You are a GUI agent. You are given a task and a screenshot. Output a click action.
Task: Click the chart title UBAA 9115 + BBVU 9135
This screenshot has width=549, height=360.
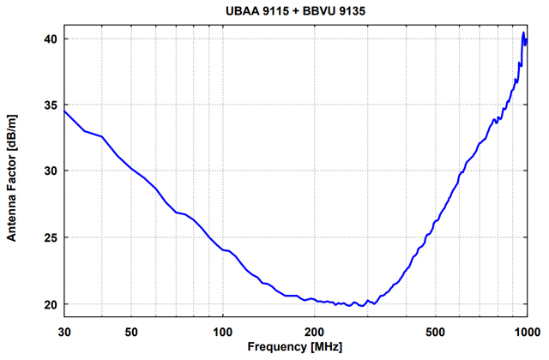(x=297, y=11)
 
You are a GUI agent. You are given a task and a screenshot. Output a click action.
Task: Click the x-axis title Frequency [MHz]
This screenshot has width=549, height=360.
(x=295, y=348)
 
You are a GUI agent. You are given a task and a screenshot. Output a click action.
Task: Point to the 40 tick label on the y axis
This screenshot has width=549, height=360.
(x=51, y=39)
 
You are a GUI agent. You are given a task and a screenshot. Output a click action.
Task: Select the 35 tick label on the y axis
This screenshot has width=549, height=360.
(x=51, y=105)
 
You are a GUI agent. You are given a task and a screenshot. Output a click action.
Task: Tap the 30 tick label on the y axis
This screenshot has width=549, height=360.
(x=51, y=171)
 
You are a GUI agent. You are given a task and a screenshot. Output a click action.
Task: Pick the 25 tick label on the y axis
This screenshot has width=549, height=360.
(x=51, y=237)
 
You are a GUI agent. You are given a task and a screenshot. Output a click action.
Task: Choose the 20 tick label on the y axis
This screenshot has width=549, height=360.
(x=51, y=304)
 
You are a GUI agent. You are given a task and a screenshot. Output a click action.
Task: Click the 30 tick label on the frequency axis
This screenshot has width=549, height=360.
(x=64, y=332)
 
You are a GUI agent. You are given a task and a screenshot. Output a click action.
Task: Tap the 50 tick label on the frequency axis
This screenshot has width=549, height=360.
(x=131, y=332)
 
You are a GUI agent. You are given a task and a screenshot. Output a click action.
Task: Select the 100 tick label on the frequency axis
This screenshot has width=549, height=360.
(x=223, y=332)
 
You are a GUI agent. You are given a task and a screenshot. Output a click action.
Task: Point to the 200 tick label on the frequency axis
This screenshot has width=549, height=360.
(x=315, y=332)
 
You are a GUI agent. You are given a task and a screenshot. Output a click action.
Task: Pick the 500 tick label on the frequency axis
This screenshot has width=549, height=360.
(x=436, y=332)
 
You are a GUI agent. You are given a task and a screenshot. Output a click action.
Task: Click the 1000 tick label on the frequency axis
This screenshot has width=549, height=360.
(x=526, y=332)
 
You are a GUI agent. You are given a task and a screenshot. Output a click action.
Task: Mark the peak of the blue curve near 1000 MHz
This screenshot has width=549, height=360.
(x=523, y=33)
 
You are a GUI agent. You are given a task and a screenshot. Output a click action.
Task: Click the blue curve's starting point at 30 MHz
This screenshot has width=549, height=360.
(x=64, y=111)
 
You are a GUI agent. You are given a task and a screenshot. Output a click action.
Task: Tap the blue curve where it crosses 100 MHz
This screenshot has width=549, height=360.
(x=223, y=249)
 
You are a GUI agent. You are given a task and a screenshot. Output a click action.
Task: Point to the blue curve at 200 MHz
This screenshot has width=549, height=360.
(x=315, y=301)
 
